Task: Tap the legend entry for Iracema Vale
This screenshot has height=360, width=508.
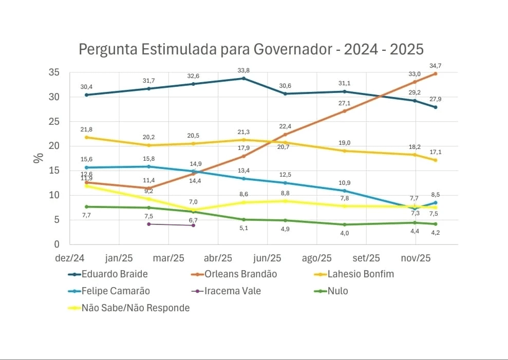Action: pyautogui.click(x=232, y=291)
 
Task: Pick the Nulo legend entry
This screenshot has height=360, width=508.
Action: pyautogui.click(x=337, y=291)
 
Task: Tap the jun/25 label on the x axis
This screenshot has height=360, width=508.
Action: pyautogui.click(x=268, y=257)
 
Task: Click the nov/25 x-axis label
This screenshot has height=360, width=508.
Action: pyautogui.click(x=416, y=257)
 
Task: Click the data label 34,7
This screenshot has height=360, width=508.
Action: pyautogui.click(x=436, y=65)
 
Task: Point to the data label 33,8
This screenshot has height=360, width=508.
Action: pyautogui.click(x=243, y=70)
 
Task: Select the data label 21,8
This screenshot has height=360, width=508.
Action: pyautogui.click(x=86, y=129)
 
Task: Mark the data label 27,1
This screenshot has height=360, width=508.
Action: pyautogui.click(x=345, y=103)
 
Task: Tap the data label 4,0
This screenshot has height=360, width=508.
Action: pyautogui.click(x=345, y=233)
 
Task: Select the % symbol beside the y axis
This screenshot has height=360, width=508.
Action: pyautogui.click(x=38, y=158)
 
